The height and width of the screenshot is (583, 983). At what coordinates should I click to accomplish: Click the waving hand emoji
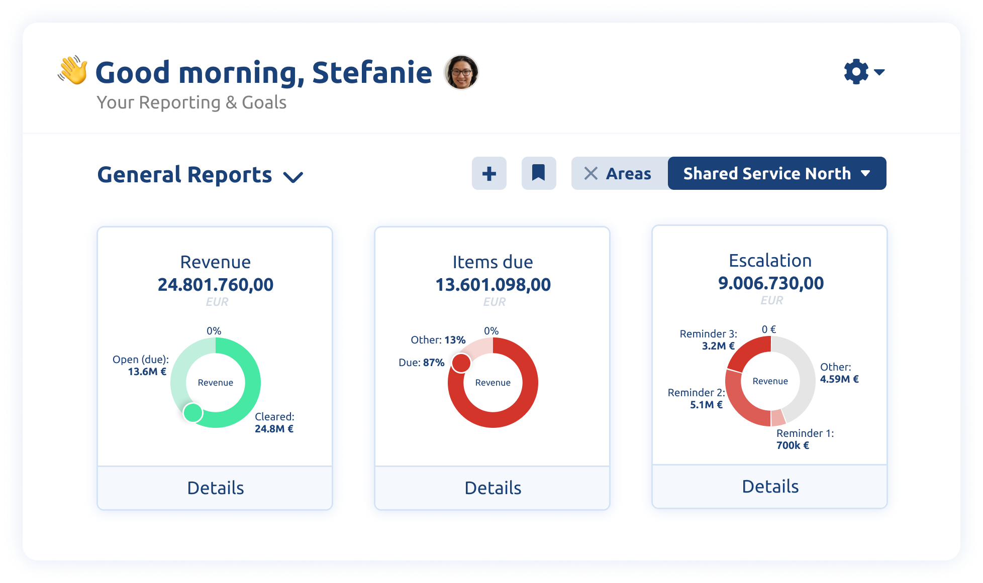tap(73, 70)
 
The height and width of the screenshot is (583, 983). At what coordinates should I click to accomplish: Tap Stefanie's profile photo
tap(461, 72)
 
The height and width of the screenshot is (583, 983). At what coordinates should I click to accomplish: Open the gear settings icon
tap(856, 72)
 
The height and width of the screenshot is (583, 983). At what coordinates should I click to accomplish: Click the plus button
tap(489, 174)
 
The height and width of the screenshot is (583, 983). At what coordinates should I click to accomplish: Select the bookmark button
tap(538, 174)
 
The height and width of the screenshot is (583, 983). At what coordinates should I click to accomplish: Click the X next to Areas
tap(591, 174)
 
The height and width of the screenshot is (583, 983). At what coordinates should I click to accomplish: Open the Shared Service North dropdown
tap(776, 174)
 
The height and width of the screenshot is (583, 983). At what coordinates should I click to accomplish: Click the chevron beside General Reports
tap(293, 177)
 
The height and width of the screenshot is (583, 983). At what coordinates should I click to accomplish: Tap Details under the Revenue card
tap(215, 488)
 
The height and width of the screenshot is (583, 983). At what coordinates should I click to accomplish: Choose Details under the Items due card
tap(493, 488)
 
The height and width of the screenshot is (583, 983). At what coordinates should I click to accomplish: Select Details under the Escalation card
tap(770, 486)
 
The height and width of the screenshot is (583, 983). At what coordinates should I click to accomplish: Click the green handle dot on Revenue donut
tap(192, 413)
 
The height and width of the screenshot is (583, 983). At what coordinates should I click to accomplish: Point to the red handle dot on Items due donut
tap(461, 363)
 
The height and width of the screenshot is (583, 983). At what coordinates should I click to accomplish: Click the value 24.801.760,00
tap(215, 285)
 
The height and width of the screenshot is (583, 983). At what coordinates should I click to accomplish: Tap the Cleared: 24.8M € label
tap(274, 423)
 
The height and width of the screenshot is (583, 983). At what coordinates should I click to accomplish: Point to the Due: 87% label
tap(421, 363)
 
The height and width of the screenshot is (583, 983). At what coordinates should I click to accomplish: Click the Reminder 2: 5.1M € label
tap(696, 399)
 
